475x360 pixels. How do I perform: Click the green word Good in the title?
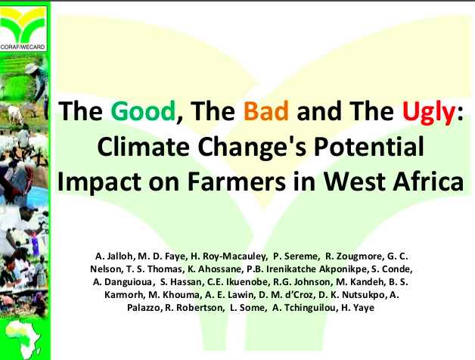pos(143,111)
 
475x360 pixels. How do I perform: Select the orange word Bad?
pos(266,111)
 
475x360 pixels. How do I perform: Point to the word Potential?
pos(368,147)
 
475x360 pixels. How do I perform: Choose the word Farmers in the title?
pos(237,182)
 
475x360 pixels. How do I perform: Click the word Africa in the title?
pos(428,181)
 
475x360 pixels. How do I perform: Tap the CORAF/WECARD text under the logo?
pos(23,47)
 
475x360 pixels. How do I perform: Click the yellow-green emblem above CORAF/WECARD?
pos(23,25)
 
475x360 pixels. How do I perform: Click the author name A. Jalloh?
pos(114,256)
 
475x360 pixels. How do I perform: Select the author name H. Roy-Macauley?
pos(228,256)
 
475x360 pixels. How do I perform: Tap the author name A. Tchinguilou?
pos(305,308)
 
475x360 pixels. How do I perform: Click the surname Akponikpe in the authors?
pos(344,269)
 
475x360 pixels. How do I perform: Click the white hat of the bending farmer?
pos(31,69)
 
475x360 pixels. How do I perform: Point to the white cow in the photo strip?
pos(16,114)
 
